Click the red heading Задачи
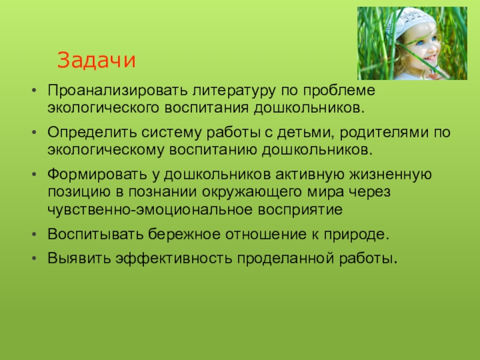96,60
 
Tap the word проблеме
339,91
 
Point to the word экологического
103,108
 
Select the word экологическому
106,150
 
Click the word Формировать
97,175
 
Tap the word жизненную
391,175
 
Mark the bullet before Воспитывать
34,235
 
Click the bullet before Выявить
34,259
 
